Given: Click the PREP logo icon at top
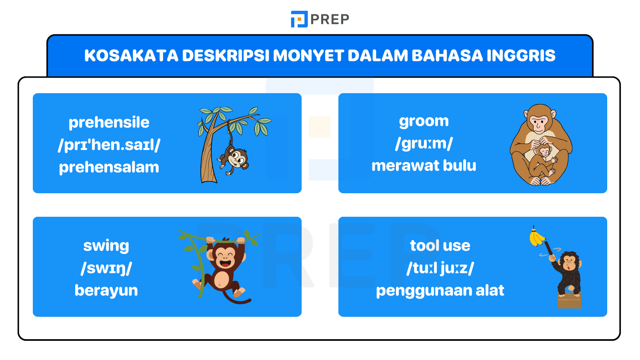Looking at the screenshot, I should click(299, 19).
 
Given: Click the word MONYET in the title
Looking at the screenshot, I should click(308, 56).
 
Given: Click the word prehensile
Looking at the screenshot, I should click(109, 122).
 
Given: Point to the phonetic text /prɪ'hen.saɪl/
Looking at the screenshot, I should click(109, 145).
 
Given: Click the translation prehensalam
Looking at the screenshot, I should click(109, 167).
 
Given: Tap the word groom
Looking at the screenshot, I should click(424, 121).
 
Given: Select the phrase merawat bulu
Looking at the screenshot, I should click(424, 166).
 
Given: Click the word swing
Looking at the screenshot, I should click(106, 246).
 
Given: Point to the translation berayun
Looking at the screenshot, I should click(106, 290).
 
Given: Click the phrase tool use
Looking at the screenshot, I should click(440, 246).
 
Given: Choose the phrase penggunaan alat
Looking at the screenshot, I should click(440, 290).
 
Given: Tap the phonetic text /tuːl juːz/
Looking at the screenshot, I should click(440, 268).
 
